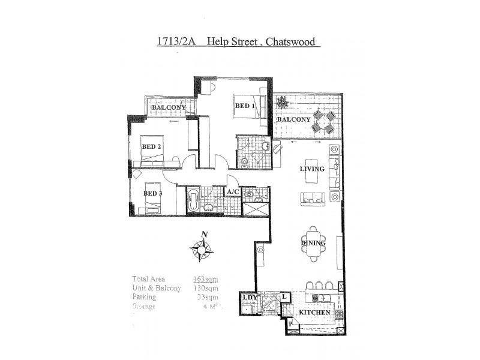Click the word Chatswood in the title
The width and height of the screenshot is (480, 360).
pos(292,43)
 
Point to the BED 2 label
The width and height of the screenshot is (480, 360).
pos(151,146)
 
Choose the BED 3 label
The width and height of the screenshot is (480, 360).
pos(153,193)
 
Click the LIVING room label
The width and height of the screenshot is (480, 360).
pos(312,169)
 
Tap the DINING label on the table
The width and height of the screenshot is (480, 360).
pos(313,243)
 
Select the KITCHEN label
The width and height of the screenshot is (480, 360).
pos(312,314)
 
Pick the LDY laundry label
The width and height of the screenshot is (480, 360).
pos(250,297)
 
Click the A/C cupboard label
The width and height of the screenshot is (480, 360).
pos(233,192)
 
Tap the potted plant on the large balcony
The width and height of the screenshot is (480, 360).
pos(280,104)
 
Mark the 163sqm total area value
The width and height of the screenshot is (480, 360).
pos(205,279)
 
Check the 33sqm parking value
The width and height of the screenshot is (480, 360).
pos(208,297)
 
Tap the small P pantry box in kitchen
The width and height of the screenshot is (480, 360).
pos(291,324)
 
